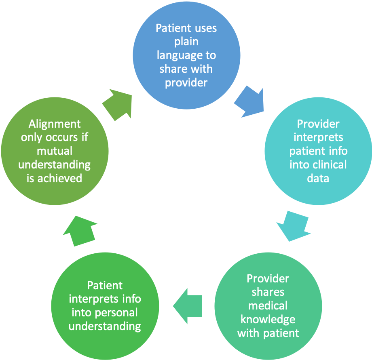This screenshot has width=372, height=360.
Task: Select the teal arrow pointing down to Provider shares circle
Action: click(294, 226)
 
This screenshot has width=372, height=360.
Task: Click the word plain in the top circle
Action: click(187, 42)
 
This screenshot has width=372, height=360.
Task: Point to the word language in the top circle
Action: click(186, 55)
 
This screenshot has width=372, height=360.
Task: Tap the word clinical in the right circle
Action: click(330, 164)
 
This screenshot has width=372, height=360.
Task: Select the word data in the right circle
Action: click(318, 178)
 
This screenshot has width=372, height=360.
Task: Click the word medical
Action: click(268, 305)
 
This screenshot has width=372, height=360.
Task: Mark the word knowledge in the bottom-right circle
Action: click(268, 319)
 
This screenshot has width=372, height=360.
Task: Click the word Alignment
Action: click(55, 124)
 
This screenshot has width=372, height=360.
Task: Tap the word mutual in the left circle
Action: click(55, 151)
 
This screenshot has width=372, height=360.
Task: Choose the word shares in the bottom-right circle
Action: click(268, 292)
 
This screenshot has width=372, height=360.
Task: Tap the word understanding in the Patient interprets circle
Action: click(105, 326)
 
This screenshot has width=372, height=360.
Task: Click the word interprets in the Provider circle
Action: click(318, 137)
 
